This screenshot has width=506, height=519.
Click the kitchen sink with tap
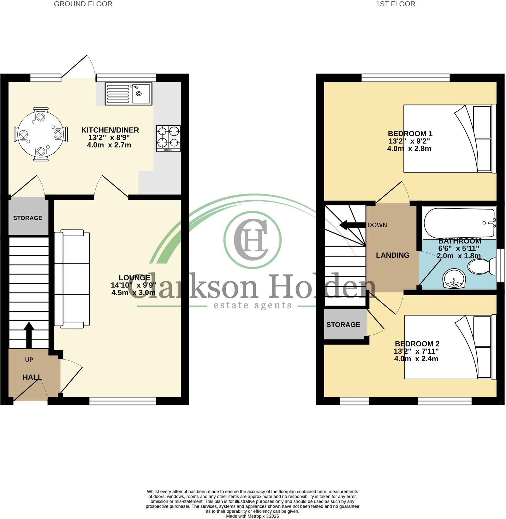(128, 94)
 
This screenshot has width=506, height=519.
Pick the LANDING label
(393, 255)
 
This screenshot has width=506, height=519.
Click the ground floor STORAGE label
(28, 218)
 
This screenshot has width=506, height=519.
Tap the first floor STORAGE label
(343, 325)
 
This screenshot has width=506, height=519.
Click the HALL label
(32, 377)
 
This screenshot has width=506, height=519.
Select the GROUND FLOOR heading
(83, 4)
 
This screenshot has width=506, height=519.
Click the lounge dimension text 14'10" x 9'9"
(134, 285)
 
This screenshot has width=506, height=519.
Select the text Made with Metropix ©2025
(253, 516)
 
